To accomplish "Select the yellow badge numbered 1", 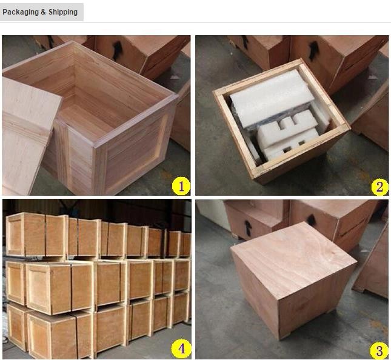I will pyautogui.click(x=181, y=185).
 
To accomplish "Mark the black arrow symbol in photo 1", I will pyautogui.click(x=116, y=49).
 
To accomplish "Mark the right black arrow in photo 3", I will pyautogui.click(x=311, y=220).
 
